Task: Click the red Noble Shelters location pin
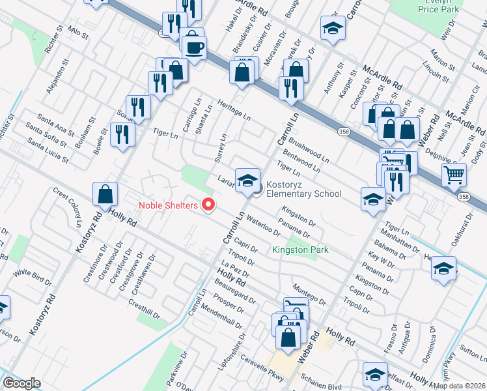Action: point(209,205)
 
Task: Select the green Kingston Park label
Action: point(300,250)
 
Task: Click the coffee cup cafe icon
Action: point(194,46)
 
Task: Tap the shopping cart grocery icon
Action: point(454,174)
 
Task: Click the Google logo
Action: point(21,383)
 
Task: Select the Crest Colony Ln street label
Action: point(70,207)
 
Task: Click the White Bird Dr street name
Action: point(33,278)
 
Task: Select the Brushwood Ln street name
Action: point(310,149)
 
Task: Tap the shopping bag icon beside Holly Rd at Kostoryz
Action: point(105,194)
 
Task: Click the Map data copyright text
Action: point(459,384)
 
